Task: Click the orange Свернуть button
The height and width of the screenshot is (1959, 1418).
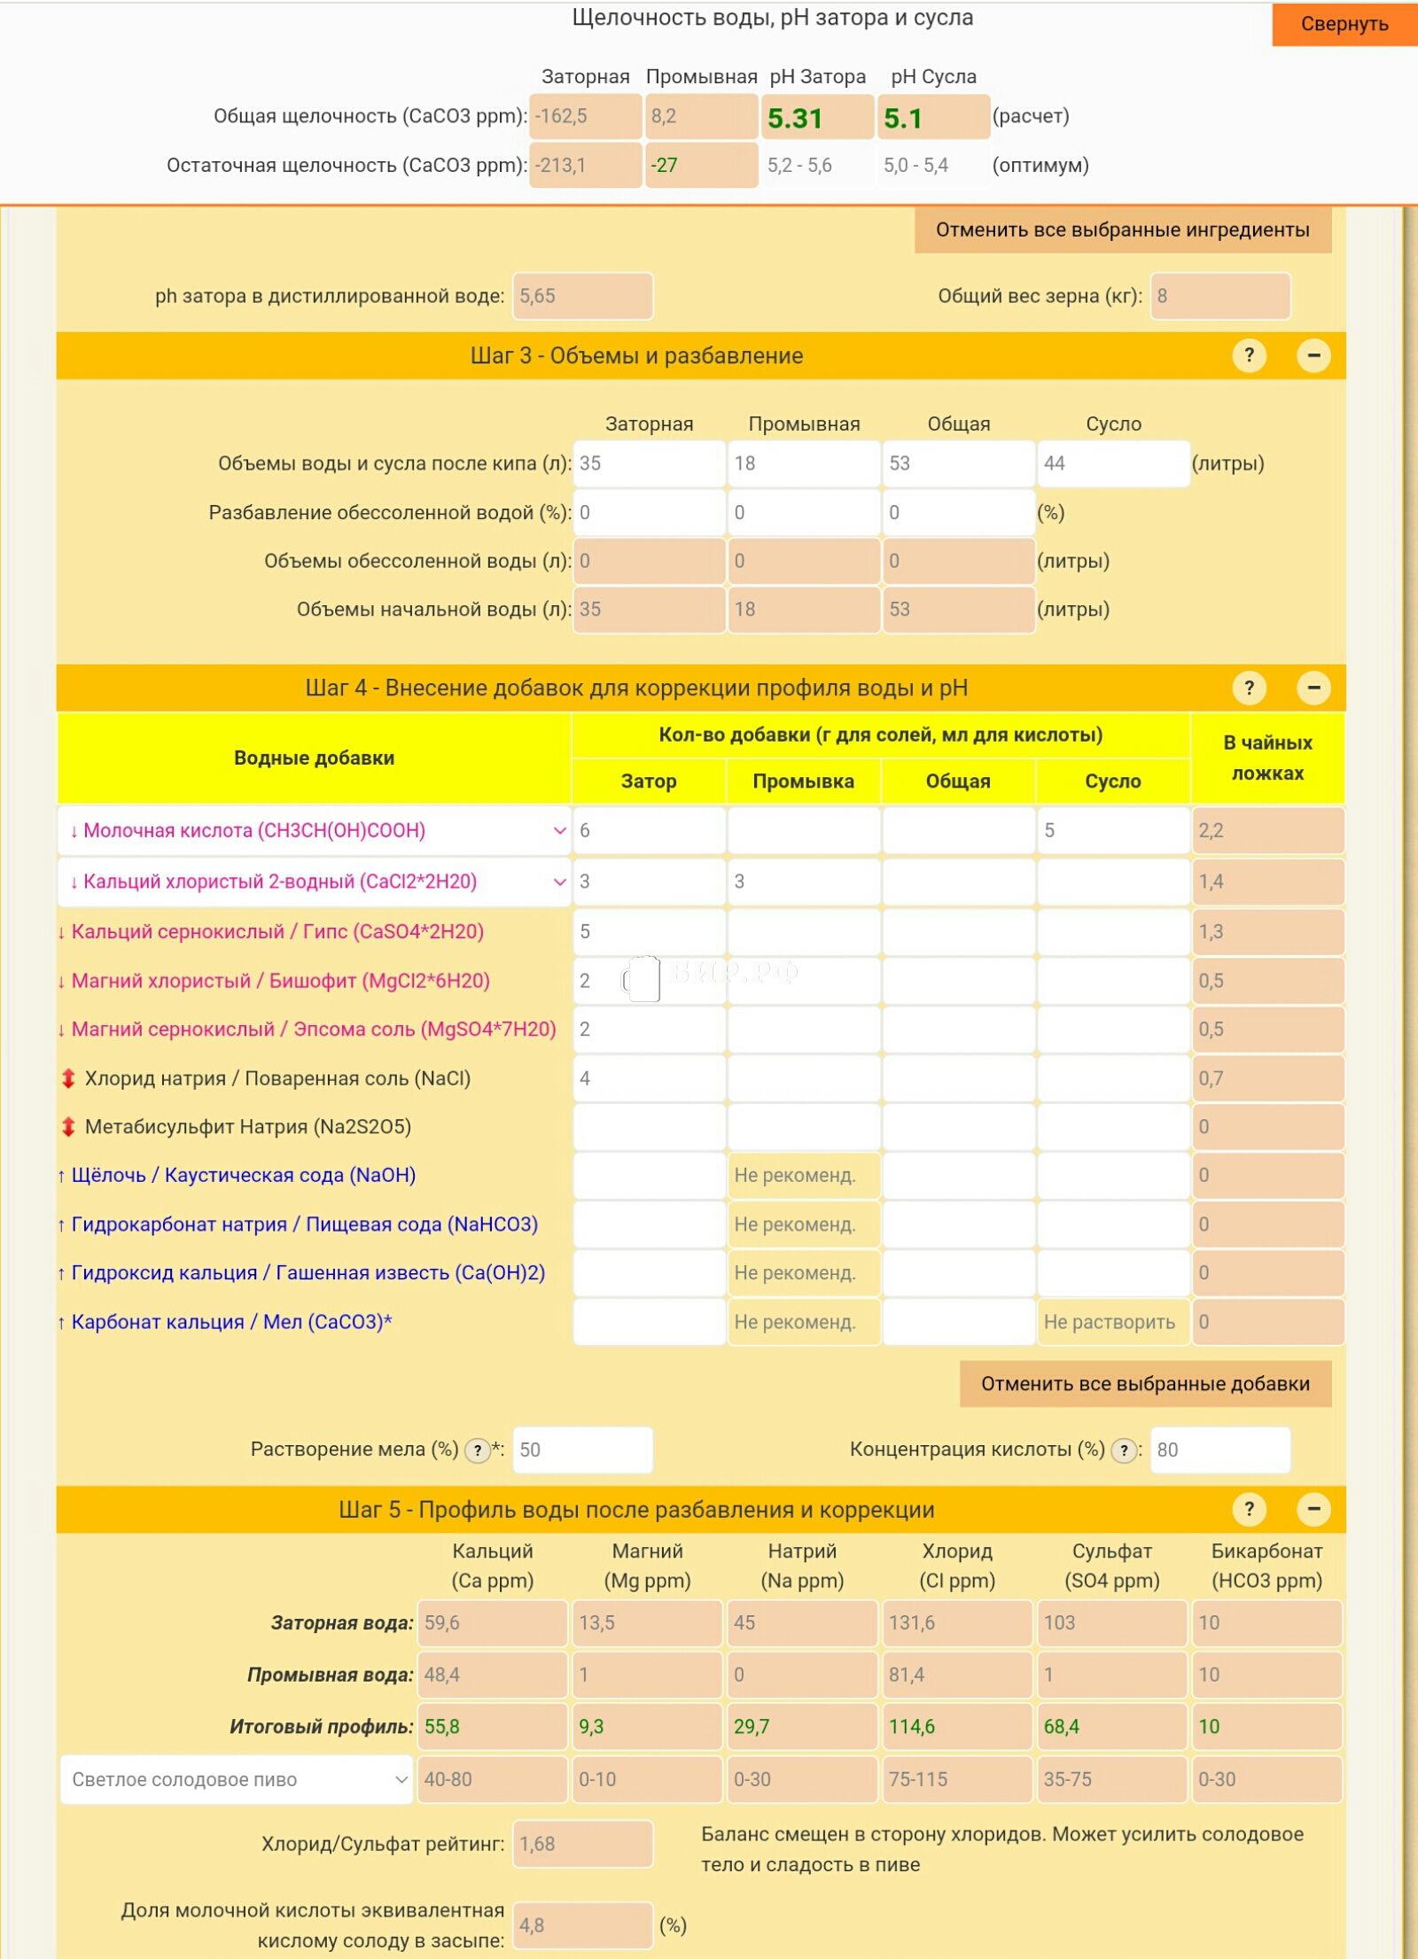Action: tap(1344, 24)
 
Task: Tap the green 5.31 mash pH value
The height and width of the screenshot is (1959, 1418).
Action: tap(816, 118)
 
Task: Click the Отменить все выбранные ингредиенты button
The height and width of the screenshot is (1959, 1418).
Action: tap(1122, 230)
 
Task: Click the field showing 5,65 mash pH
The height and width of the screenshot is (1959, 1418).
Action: tap(582, 296)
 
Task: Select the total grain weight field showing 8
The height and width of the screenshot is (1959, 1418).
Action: tap(1219, 296)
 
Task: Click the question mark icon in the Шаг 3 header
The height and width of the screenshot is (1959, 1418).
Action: tap(1249, 356)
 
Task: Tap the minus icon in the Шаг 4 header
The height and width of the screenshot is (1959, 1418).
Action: tap(1313, 688)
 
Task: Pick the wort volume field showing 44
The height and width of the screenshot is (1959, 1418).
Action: tap(1112, 463)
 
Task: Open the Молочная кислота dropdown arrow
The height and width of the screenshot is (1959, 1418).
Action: tap(559, 831)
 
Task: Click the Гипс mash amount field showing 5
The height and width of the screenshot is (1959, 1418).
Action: tap(649, 932)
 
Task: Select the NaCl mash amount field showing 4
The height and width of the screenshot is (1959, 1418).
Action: tap(649, 1079)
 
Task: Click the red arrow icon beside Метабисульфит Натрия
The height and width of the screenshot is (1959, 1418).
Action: tap(68, 1127)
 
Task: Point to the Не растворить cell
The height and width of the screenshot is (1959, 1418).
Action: tap(1112, 1323)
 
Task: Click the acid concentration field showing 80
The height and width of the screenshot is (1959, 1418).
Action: tap(1219, 1450)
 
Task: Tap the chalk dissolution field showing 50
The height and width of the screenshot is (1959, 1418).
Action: tap(582, 1450)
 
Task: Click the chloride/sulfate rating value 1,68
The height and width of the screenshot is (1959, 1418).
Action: tap(582, 1845)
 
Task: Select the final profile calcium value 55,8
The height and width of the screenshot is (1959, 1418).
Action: tap(492, 1727)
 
